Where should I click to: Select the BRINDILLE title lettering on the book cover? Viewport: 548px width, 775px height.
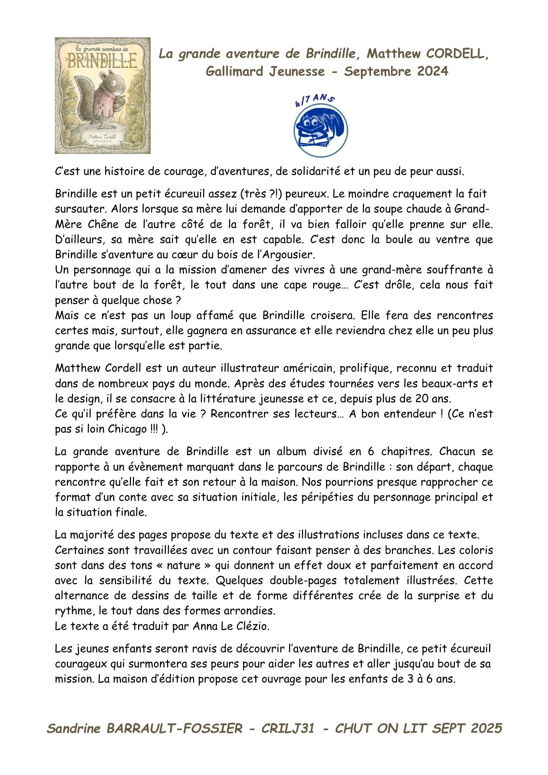(102, 61)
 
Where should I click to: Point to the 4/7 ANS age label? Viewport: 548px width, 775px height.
(314, 100)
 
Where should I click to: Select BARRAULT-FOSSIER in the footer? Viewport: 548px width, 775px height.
(174, 728)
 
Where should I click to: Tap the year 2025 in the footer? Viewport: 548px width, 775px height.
(486, 728)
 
